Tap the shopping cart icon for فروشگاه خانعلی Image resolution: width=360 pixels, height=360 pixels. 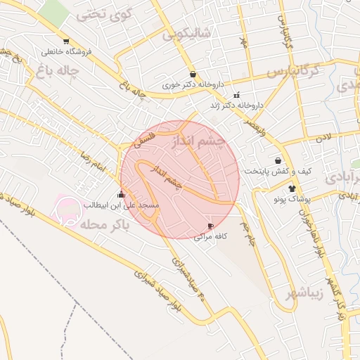point(66,41)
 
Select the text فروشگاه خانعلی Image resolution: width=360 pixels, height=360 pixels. point(67,52)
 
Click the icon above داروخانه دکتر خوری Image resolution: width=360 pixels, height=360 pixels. point(193,74)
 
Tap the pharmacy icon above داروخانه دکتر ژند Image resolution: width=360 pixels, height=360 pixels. point(236,95)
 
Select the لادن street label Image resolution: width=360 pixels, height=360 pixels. point(323,139)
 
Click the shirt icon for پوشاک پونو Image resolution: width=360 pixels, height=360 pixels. point(292,188)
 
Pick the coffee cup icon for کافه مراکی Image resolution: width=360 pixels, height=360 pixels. point(210,226)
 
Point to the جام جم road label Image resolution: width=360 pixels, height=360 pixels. point(247,235)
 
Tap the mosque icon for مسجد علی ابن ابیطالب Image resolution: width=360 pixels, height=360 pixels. point(122,195)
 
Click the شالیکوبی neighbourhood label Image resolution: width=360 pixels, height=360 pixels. point(186,34)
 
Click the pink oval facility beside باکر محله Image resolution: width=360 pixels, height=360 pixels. point(70,209)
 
